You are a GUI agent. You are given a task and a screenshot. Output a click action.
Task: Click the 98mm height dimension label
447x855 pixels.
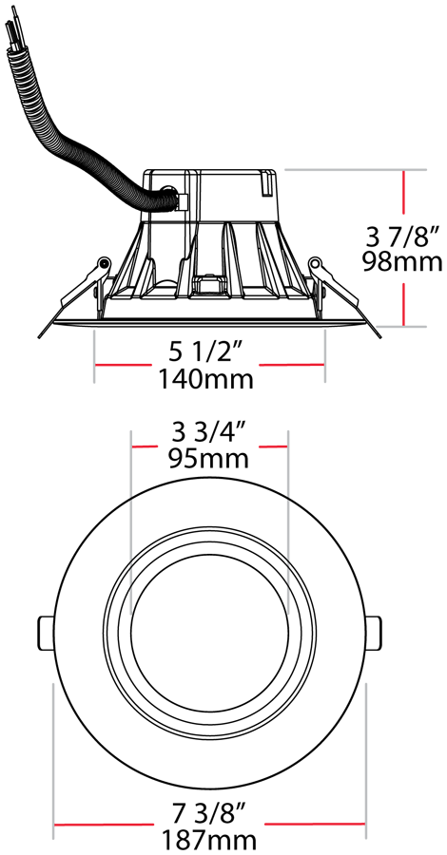[x=403, y=262]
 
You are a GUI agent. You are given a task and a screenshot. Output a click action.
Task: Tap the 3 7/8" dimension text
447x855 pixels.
[x=403, y=237]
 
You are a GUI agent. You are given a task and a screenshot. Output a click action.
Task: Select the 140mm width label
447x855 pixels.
[x=205, y=379]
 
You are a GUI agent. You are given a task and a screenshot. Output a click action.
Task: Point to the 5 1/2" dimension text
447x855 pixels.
[x=205, y=353]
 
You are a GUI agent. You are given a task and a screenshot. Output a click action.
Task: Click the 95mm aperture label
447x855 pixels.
[x=208, y=459]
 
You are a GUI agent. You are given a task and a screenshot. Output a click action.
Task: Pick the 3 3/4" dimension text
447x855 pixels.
[x=209, y=434]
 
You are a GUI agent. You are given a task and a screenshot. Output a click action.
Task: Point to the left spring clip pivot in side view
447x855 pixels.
[x=102, y=264]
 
